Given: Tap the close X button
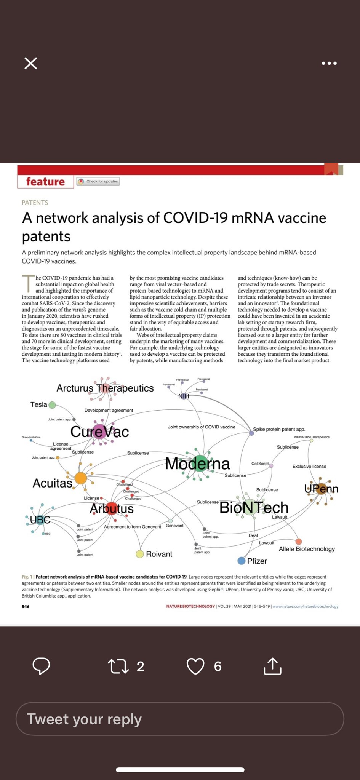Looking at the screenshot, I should coord(31,63).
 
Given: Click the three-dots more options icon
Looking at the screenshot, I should coord(329,63).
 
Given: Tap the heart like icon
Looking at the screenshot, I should coord(195,667).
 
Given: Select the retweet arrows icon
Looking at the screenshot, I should coord(118,667).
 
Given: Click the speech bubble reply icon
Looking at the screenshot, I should coord(41,666).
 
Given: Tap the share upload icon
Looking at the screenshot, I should coord(272,666).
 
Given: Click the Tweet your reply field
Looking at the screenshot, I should coord(180,719).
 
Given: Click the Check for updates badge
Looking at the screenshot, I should coord(98,182).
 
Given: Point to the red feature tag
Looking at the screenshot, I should coord(45,182).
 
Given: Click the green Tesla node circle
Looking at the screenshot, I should coord(52,405).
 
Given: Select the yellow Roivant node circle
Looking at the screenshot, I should coord(140,554).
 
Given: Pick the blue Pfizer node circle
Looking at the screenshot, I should coord(241,561).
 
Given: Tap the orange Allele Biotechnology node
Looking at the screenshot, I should coord(299,542).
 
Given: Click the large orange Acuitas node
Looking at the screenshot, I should coord(81,478).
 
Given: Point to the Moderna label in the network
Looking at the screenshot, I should coord(197,464).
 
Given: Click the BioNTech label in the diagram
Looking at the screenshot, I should coord(254,507).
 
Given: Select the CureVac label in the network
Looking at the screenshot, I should coord(99,432).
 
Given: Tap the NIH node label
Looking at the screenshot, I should coord(184,396).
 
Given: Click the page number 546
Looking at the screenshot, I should coord(26,606).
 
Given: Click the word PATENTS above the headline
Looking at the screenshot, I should coord(35,203).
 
